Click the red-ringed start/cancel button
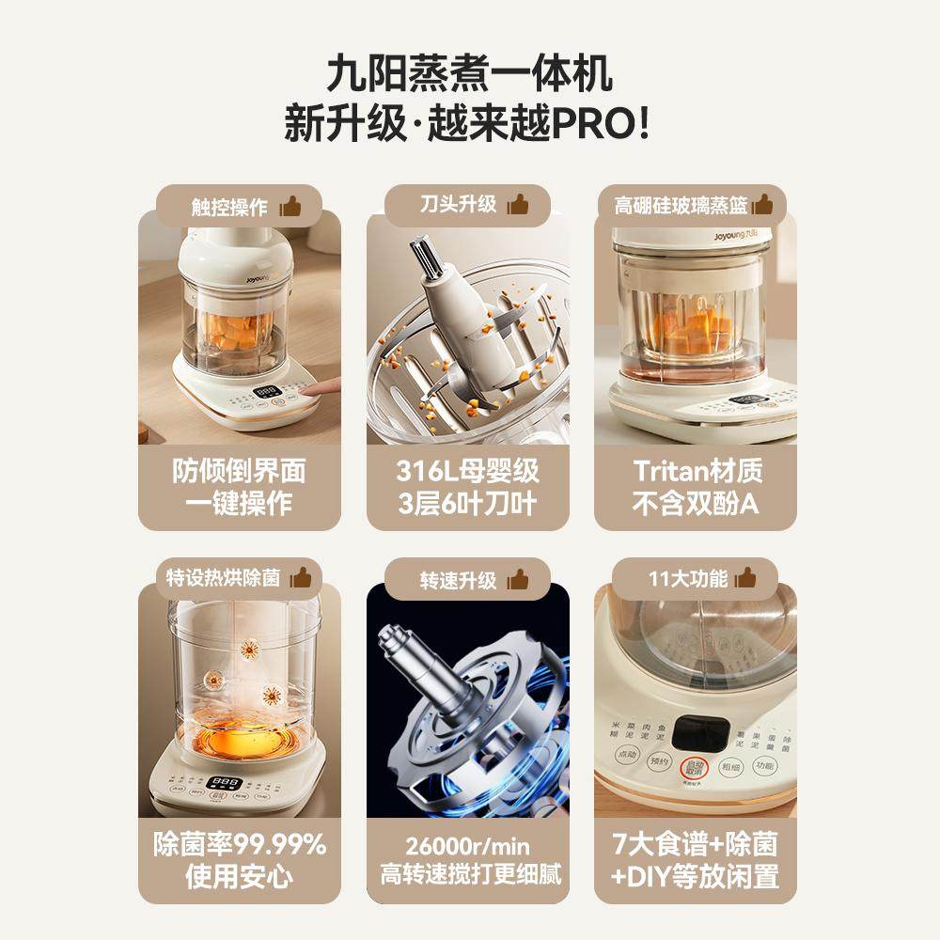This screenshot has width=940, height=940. (x=696, y=767)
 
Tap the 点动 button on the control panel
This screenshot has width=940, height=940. (x=626, y=757)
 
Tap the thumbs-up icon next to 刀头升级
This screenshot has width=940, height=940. (x=518, y=204)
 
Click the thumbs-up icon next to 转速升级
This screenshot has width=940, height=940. (x=518, y=577)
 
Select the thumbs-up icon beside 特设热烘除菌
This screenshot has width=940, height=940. (x=300, y=577)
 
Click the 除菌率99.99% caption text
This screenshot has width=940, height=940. (x=240, y=844)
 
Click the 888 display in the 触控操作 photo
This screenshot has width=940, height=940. (x=268, y=390)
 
